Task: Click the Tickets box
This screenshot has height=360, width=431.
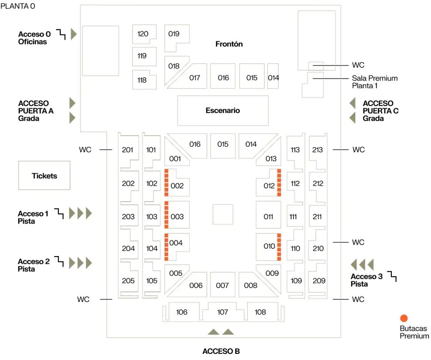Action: click(x=44, y=175)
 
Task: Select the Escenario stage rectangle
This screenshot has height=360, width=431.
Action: click(x=222, y=110)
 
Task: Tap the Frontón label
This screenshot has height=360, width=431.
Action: click(x=229, y=44)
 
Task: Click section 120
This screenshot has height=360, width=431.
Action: click(x=143, y=34)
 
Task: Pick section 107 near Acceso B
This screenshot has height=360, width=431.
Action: click(x=222, y=312)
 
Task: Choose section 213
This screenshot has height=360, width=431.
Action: click(x=318, y=150)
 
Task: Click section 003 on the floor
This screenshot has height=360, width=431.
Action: click(x=177, y=216)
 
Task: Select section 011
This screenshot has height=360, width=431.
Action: click(x=268, y=216)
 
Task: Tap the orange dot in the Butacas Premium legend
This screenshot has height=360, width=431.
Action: click(x=404, y=318)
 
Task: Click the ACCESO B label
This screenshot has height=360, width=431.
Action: click(x=221, y=351)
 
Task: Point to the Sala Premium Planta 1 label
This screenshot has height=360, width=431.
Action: click(x=375, y=82)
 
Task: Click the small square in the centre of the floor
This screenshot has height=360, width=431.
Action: click(x=222, y=214)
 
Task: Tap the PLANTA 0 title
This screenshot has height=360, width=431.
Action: click(x=18, y=6)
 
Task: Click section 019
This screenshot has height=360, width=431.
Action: click(x=174, y=34)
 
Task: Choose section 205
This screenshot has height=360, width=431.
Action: click(x=128, y=281)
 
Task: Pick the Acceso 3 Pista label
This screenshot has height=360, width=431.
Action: click(x=366, y=280)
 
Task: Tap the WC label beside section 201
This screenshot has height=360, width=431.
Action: click(x=85, y=150)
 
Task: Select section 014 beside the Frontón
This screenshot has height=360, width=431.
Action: click(x=273, y=78)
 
